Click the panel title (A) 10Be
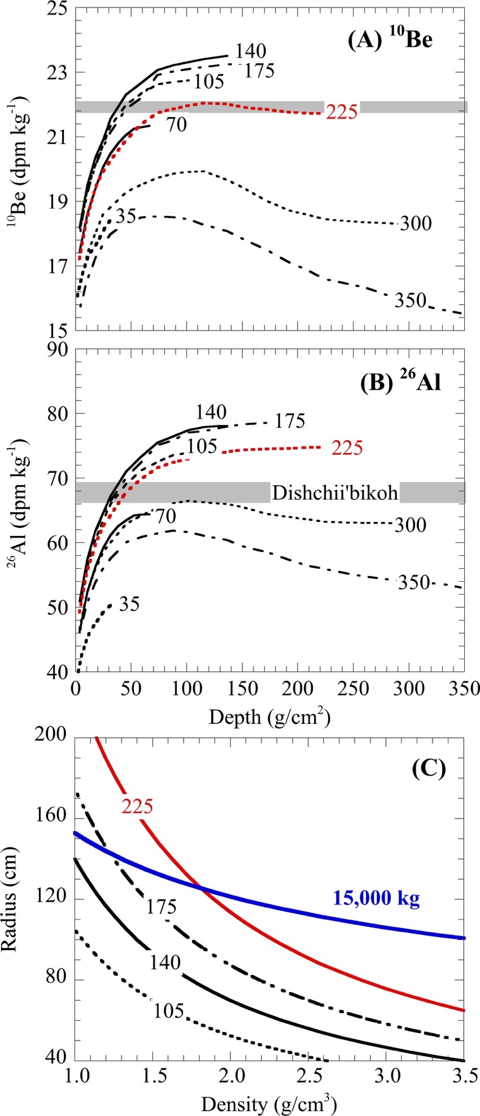tap(390, 41)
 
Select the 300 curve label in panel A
tap(416, 223)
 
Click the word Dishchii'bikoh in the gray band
tap(335, 493)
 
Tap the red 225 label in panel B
tap(347, 448)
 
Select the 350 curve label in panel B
tap(414, 582)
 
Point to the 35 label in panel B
tap(129, 604)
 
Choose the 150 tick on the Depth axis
tap(242, 689)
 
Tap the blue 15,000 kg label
tap(376, 898)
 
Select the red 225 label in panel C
tap(137, 806)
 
